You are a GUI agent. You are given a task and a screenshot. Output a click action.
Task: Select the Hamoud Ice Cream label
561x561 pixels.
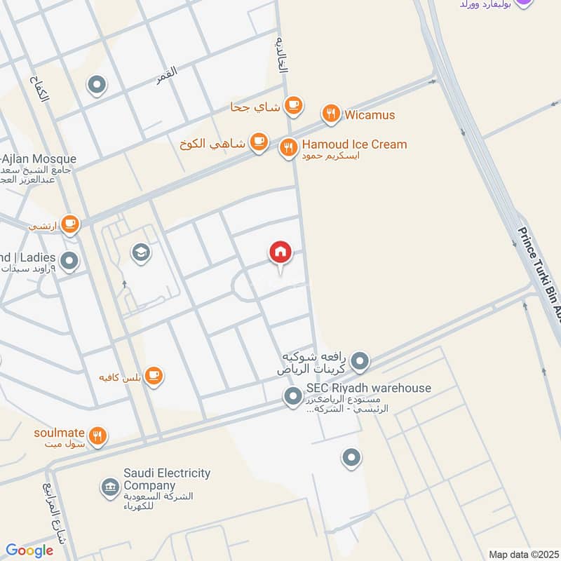tap(354, 144)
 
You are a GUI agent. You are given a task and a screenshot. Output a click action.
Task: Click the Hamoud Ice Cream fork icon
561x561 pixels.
tap(288, 148)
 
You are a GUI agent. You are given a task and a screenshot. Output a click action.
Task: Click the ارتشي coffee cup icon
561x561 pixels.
tap(69, 224)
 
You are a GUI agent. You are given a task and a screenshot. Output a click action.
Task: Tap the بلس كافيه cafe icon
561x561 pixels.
tap(155, 377)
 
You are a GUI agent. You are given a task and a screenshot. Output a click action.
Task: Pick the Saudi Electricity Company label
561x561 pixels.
tap(167, 480)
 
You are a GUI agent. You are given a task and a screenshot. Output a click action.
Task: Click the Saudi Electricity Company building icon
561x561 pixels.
tap(109, 487)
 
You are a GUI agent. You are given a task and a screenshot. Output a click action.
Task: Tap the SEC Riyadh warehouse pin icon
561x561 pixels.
tap(292, 397)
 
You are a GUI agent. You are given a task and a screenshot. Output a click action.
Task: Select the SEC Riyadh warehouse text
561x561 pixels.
tap(368, 388)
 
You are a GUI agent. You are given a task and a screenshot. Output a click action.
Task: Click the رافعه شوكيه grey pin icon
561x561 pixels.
tap(360, 362)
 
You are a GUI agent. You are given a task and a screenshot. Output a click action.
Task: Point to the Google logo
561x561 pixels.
tap(29, 550)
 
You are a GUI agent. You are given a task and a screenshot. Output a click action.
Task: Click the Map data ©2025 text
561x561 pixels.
tap(522, 554)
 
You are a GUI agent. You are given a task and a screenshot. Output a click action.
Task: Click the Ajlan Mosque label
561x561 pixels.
tap(39, 160)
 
